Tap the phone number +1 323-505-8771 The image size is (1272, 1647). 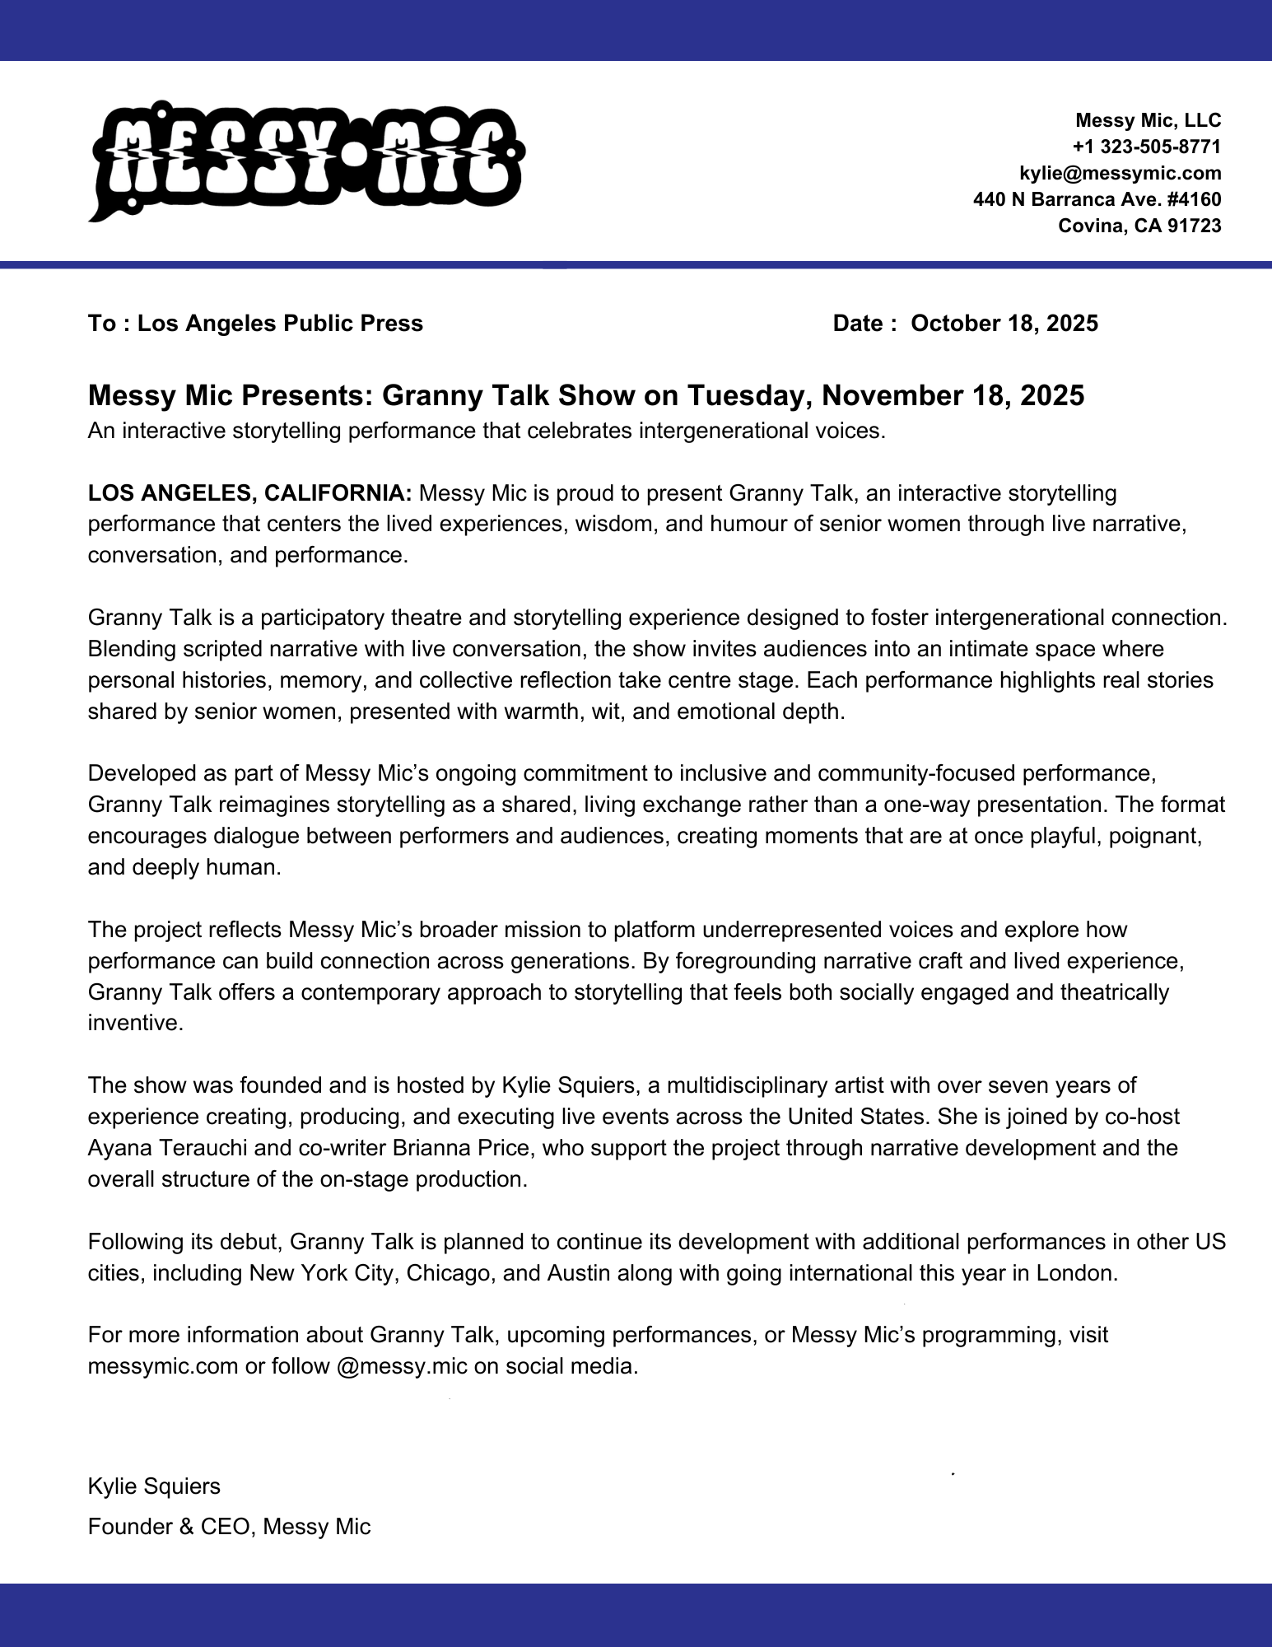[1146, 147]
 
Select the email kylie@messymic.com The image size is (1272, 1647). [1120, 173]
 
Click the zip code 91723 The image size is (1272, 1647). [1194, 226]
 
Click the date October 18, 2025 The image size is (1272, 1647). [1004, 324]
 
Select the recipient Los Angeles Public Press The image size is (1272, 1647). [280, 324]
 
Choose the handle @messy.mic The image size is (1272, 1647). [402, 1366]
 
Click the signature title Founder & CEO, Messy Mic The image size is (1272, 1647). [229, 1527]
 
